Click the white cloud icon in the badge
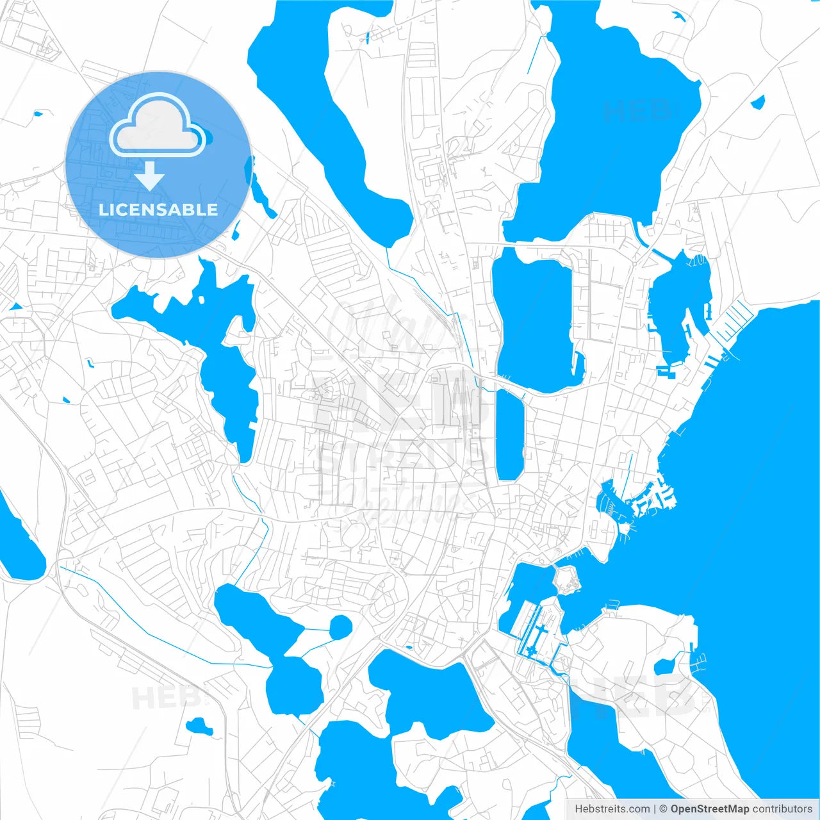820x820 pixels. click(x=158, y=126)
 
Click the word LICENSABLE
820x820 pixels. click(x=158, y=209)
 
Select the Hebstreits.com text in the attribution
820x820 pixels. click(x=612, y=809)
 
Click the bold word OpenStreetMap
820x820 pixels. click(x=709, y=809)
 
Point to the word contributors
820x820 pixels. click(x=782, y=809)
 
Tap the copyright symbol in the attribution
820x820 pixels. click(x=663, y=809)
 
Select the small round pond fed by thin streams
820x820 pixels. click(x=340, y=627)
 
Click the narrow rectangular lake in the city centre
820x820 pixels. click(x=510, y=436)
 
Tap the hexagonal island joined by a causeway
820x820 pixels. click(x=566, y=579)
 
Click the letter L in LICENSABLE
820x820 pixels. click(x=103, y=209)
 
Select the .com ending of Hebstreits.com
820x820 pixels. click(x=637, y=809)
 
